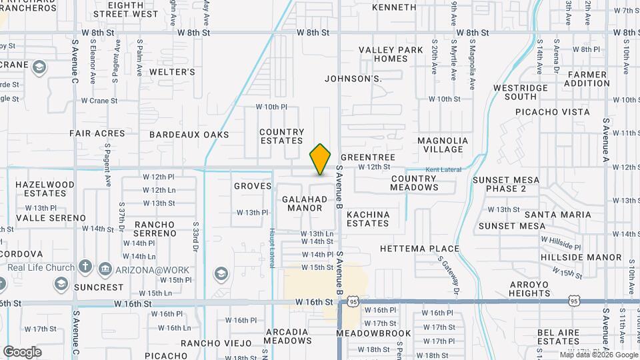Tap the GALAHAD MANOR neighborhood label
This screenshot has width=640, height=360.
(305, 203)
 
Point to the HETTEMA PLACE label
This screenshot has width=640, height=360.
(419, 249)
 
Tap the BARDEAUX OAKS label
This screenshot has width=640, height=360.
(189, 135)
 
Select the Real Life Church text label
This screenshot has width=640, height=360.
(41, 268)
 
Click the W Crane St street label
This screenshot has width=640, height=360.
(99, 101)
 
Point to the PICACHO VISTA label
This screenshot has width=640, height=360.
(553, 112)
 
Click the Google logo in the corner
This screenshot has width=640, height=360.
(22, 351)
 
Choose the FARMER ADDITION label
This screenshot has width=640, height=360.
(587, 79)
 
